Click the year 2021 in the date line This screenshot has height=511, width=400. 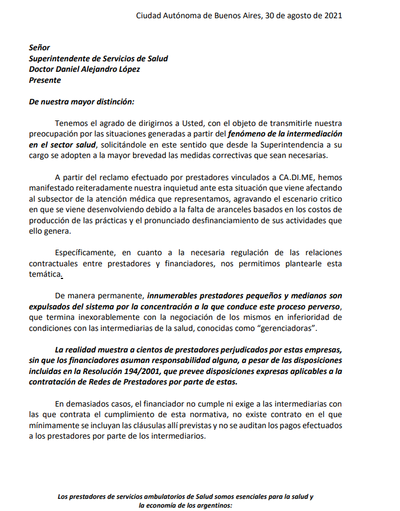pyautogui.click(x=332, y=15)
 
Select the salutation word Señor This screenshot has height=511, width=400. pyautogui.click(x=39, y=48)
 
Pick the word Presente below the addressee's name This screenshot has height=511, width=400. pyautogui.click(x=45, y=80)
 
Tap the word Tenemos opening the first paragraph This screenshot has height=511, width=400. pyautogui.click(x=72, y=123)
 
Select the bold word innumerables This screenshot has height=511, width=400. pyautogui.click(x=174, y=296)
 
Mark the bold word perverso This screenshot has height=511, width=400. pyautogui.click(x=323, y=307)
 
